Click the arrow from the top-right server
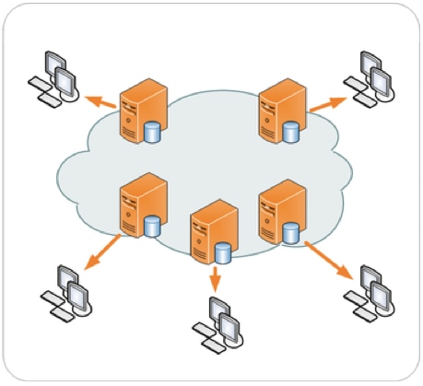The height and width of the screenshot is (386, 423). point(325,104)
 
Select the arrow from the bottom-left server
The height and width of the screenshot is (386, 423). point(102,251)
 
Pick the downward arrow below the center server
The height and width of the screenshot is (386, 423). point(214,277)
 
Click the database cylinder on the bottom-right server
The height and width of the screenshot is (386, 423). point(291,232)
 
